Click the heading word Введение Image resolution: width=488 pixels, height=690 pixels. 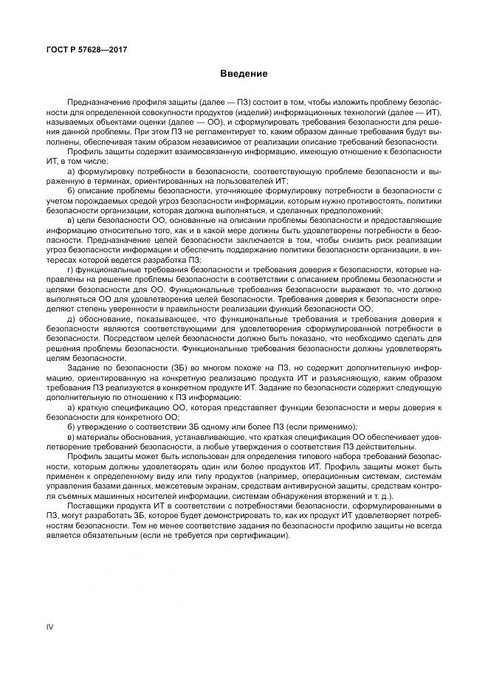coord(243,74)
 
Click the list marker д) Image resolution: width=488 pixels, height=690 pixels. coord(72,319)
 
